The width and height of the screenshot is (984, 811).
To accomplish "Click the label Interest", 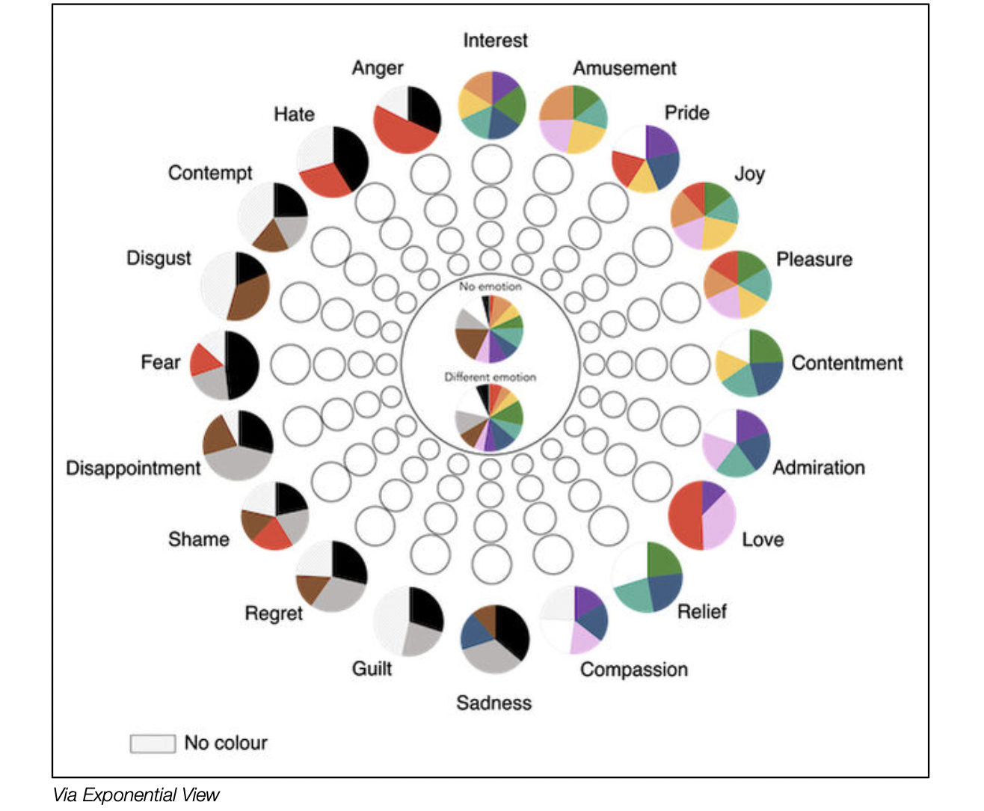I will coord(495,40).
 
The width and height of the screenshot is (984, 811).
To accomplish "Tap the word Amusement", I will coord(624,68).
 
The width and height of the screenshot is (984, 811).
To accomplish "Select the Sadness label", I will coord(493,703).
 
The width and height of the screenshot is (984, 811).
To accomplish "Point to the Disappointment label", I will coord(133,468).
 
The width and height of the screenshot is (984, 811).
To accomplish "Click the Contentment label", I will coord(847,363).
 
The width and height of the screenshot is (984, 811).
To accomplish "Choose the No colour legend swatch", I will coord(153,743).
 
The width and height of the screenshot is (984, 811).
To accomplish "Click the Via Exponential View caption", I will coord(136,795).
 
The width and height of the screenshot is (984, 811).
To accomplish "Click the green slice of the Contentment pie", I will coord(765,346).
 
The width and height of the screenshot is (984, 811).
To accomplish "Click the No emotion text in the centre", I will coord(490,287).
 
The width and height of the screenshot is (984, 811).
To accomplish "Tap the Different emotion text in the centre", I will coord(490,377).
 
